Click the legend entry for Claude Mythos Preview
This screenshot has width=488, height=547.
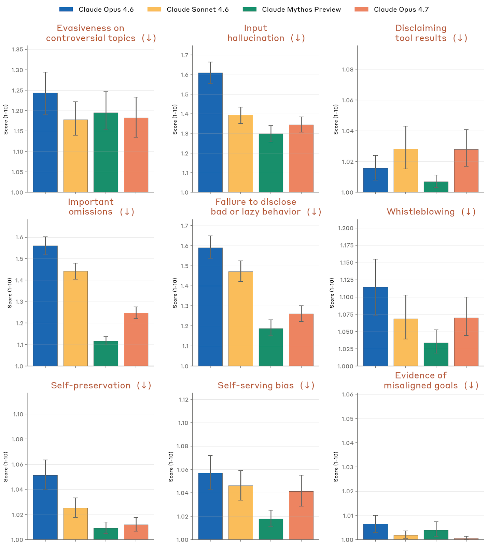(301, 10)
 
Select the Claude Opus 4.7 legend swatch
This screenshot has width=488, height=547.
(362, 9)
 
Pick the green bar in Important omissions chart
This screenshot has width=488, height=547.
(106, 353)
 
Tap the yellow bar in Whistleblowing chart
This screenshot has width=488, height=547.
(406, 342)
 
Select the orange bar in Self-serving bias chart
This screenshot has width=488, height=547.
(301, 515)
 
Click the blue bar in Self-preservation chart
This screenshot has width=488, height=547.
(45, 507)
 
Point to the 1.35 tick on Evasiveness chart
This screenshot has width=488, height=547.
(17, 50)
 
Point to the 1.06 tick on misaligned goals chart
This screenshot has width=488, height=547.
(348, 395)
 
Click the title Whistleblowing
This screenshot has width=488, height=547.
(420, 212)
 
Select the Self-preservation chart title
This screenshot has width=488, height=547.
(90, 386)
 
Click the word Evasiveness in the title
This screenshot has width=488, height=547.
(90, 28)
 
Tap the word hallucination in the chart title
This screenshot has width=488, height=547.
(256, 38)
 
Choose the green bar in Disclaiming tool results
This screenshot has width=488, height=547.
(436, 187)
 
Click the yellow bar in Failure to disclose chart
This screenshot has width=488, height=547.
(241, 319)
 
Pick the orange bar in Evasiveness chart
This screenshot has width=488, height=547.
(136, 155)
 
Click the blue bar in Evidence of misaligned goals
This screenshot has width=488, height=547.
(375, 532)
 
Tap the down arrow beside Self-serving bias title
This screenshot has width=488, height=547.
(307, 386)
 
